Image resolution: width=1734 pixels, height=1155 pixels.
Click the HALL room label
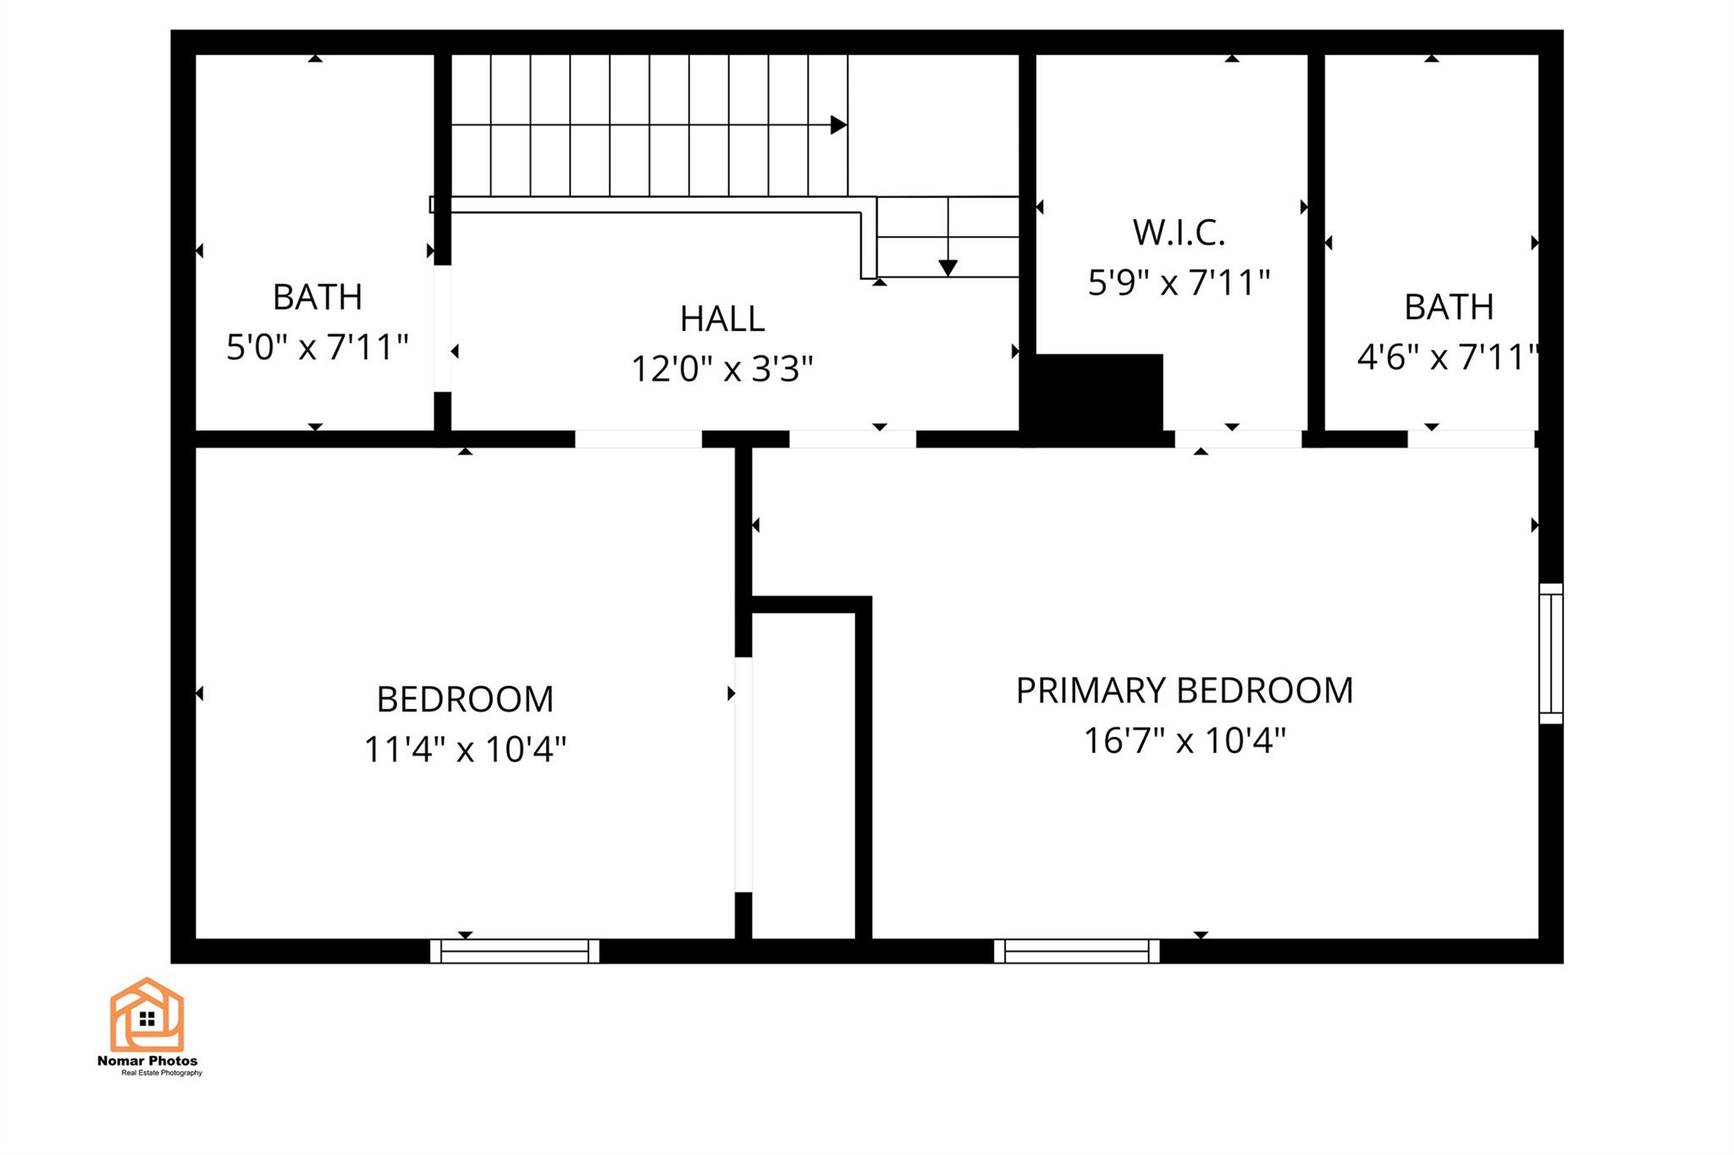click(x=722, y=319)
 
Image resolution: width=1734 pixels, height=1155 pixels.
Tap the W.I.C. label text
click(x=1179, y=233)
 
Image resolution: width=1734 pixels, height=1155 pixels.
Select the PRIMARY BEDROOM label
click(x=1185, y=690)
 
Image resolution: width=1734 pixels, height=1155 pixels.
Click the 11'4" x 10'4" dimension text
click(x=465, y=749)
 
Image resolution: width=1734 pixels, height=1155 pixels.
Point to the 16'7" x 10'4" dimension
click(x=1185, y=740)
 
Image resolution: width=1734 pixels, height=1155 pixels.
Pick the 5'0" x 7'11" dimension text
click(x=318, y=347)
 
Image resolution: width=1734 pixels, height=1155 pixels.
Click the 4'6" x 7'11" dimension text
click(x=1448, y=357)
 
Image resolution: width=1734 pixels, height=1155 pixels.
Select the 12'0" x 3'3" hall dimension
click(x=722, y=369)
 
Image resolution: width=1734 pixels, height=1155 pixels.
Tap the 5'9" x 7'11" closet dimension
click(x=1179, y=283)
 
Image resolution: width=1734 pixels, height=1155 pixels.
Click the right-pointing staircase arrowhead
click(x=839, y=125)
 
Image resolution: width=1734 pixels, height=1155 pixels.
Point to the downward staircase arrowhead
click(x=948, y=268)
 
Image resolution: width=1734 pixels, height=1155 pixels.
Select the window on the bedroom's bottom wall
click(x=515, y=951)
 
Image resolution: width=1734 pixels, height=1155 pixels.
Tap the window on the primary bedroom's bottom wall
click(x=1077, y=951)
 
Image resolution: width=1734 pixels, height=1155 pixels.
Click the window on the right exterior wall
click(x=1551, y=653)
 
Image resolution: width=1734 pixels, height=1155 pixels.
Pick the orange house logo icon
click(x=146, y=1015)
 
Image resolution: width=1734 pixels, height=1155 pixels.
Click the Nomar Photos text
click(x=147, y=1061)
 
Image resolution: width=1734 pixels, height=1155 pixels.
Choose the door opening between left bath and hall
click(x=443, y=328)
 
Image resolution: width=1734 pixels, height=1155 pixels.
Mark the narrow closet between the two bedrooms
click(x=803, y=775)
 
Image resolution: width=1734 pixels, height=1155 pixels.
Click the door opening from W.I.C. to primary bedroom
click(x=1238, y=439)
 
